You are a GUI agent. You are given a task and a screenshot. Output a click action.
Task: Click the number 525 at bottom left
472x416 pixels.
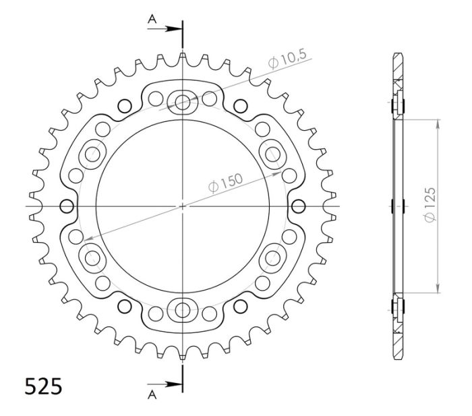(44, 386)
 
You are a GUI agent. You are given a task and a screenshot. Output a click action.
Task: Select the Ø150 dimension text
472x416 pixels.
(226, 184)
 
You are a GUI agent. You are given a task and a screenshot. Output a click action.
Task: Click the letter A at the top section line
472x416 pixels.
(152, 21)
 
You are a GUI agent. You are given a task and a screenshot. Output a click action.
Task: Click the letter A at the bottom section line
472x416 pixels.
(152, 392)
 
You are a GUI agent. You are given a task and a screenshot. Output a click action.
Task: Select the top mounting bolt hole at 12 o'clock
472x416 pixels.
(183, 102)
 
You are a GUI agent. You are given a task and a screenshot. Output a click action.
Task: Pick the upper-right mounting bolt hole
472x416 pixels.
(272, 154)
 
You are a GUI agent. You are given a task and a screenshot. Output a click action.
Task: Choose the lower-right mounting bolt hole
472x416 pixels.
(272, 258)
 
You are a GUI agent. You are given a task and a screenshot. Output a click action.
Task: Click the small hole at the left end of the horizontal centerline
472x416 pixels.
(66, 206)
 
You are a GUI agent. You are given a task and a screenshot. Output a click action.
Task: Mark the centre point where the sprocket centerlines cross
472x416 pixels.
(183, 206)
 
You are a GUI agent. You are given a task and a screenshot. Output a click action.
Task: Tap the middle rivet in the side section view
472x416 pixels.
(396, 205)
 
